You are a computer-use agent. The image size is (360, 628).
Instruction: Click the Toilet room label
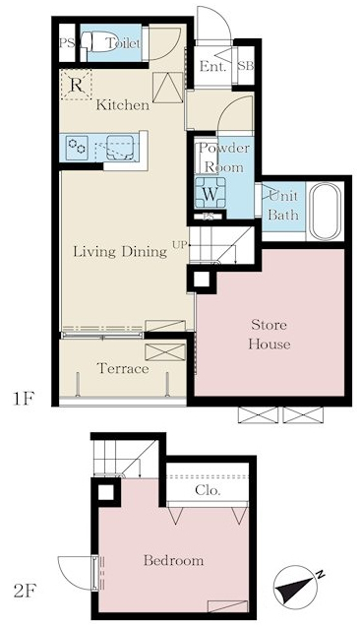(123, 43)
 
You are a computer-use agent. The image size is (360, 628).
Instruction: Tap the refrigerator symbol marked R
(77, 84)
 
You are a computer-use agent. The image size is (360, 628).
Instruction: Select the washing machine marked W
(210, 193)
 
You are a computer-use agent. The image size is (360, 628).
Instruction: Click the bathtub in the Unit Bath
(325, 211)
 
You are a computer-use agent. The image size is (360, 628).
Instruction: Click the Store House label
(270, 335)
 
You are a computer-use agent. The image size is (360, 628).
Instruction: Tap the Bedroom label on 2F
(173, 560)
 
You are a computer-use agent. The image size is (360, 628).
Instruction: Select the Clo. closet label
(208, 490)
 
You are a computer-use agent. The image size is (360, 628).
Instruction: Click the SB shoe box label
(246, 66)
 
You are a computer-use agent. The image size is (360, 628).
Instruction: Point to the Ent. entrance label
(212, 67)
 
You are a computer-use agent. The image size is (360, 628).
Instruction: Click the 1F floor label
(25, 399)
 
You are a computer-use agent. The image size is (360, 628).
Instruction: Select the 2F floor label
(25, 591)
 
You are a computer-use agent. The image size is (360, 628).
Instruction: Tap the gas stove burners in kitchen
(77, 146)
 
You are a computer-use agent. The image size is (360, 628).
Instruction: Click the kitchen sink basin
(120, 148)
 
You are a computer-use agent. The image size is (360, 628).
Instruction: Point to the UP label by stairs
(180, 244)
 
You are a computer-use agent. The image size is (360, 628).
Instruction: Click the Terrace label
(123, 368)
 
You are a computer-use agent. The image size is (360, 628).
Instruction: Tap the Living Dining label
(120, 252)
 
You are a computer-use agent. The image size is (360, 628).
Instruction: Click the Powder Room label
(224, 157)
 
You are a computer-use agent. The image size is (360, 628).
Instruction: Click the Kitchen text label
(123, 105)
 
